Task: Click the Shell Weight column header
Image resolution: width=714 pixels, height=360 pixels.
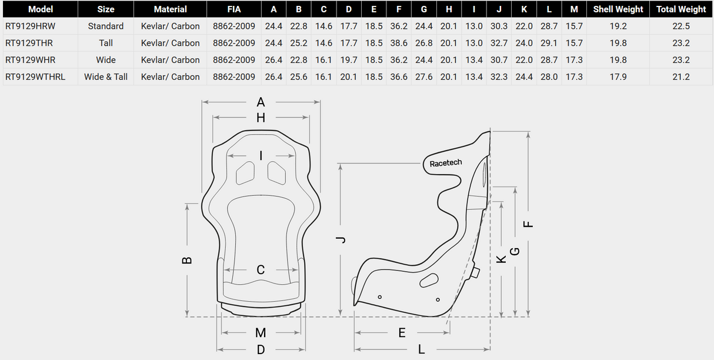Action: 618,9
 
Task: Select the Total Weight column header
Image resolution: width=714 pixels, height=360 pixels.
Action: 681,9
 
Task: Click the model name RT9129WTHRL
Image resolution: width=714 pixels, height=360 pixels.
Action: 35,76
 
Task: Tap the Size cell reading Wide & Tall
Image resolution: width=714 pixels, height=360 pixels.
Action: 106,76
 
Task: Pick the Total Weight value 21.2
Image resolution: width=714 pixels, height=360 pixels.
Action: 681,76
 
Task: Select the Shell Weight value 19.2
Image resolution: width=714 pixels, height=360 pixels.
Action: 618,26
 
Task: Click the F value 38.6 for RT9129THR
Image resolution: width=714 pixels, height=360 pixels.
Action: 399,43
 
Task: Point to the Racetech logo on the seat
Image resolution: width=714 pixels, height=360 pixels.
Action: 446,163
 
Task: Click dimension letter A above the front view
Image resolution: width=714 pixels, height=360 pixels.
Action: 261,102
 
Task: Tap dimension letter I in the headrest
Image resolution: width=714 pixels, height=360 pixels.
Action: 261,156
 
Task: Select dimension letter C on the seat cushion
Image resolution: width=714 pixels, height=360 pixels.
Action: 261,270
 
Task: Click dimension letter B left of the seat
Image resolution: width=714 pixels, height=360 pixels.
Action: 187,259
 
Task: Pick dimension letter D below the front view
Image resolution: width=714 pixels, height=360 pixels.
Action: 261,349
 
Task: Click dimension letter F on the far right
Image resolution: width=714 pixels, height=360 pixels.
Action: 528,224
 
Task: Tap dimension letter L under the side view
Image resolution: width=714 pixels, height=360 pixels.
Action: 422,349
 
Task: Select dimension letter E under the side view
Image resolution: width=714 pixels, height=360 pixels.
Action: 402,333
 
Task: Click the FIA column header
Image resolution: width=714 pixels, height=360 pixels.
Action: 233,9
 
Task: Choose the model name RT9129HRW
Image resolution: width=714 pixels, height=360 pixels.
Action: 30,26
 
